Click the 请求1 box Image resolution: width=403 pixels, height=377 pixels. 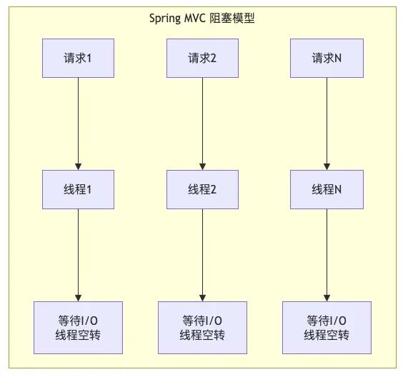point(78,58)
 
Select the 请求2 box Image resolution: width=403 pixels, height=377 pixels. point(202,58)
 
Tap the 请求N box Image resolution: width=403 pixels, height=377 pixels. point(327,58)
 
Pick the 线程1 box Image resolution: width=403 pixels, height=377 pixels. point(78,189)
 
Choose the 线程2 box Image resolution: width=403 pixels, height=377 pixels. point(202,189)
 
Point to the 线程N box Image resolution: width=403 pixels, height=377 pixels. point(327,189)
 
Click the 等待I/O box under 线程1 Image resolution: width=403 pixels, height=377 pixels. point(78,328)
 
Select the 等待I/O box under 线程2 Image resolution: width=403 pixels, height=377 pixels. point(202,328)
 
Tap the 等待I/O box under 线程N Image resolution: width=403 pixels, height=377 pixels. point(327,328)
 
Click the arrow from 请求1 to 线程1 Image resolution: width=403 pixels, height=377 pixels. point(78,124)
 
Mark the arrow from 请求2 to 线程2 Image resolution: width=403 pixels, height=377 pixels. point(202,124)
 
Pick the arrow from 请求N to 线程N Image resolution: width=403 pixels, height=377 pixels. point(327,124)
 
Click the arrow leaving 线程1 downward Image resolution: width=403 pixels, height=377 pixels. point(78,255)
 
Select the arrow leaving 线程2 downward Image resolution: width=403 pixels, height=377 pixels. point(202,255)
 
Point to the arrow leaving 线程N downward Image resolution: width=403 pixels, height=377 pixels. point(327,255)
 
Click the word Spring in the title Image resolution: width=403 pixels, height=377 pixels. point(165,19)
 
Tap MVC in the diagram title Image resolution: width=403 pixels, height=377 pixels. point(194,18)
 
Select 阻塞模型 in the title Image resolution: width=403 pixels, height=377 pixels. point(232,19)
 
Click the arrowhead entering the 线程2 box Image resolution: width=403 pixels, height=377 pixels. point(202,166)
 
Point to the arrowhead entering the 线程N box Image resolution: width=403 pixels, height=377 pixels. point(327,166)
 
